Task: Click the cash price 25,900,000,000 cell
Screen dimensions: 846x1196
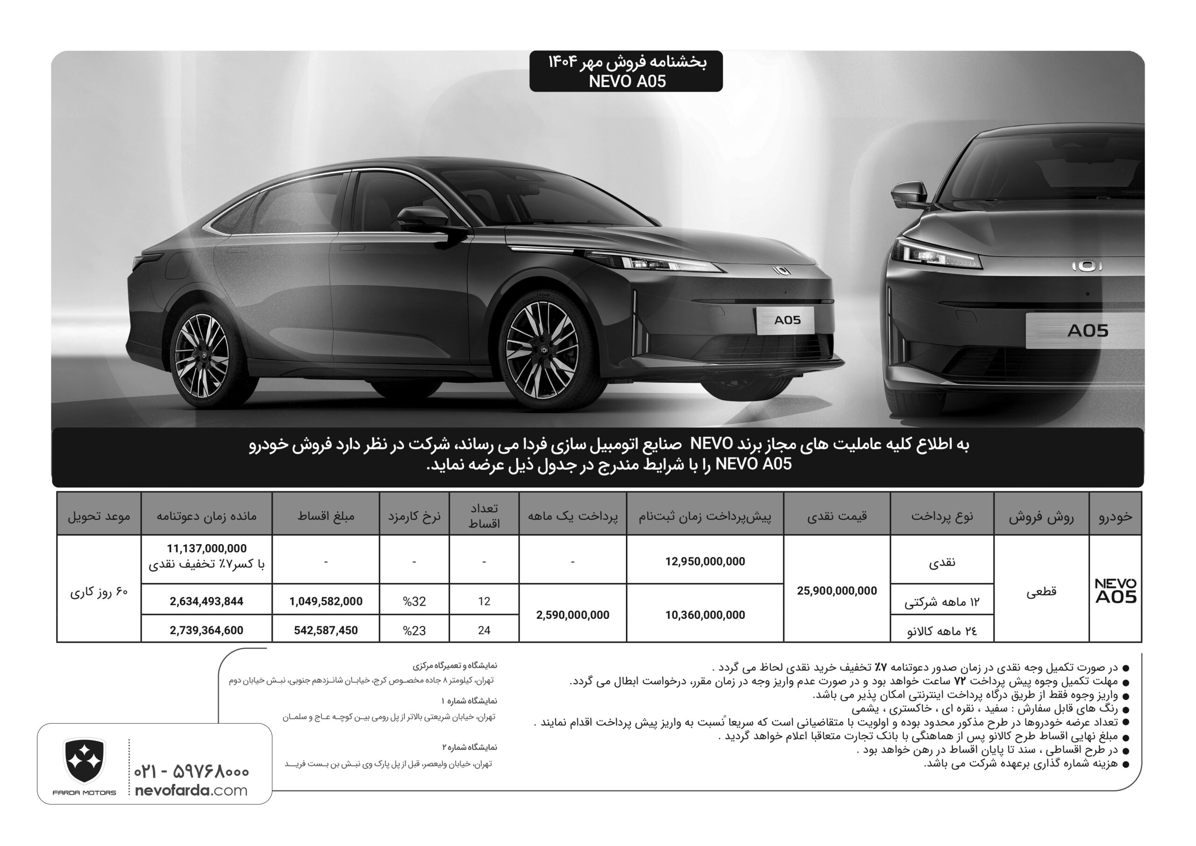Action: point(837,591)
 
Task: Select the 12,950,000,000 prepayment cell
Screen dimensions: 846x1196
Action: point(705,561)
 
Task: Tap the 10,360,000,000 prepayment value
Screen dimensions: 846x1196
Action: point(705,615)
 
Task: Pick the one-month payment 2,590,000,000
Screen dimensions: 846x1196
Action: point(572,615)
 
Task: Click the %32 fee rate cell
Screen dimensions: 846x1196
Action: point(414,602)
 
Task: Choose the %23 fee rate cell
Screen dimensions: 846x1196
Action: point(414,631)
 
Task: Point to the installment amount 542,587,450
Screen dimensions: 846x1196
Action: point(326,631)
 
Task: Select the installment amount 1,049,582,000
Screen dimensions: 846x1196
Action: point(326,602)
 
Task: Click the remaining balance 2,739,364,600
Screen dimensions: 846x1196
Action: point(206,631)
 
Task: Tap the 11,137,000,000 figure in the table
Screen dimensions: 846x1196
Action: point(206,548)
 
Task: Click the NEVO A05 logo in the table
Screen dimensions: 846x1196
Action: point(1115,591)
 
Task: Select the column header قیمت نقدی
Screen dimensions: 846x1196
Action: point(837,516)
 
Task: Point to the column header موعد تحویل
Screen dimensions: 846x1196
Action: point(99,516)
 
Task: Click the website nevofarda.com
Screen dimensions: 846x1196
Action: point(191,790)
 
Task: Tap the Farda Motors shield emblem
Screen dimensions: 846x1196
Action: point(84,761)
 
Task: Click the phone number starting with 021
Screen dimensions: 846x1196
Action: point(191,771)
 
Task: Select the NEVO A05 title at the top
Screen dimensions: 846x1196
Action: point(627,81)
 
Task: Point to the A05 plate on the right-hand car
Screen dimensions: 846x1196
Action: point(1087,331)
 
